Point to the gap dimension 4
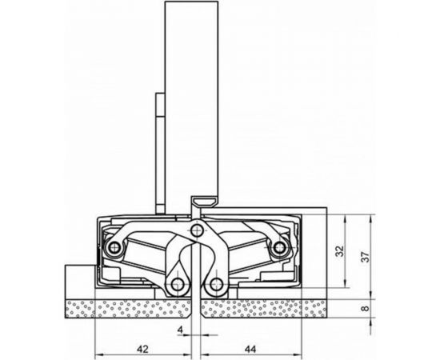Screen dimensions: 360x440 click(x=181, y=330)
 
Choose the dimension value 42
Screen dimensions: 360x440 click(x=142, y=349)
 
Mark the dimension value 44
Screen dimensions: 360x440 click(x=250, y=349)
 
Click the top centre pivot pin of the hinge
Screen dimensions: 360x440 click(x=197, y=232)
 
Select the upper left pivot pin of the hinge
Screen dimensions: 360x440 click(x=114, y=249)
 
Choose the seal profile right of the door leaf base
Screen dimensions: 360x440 click(x=206, y=197)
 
